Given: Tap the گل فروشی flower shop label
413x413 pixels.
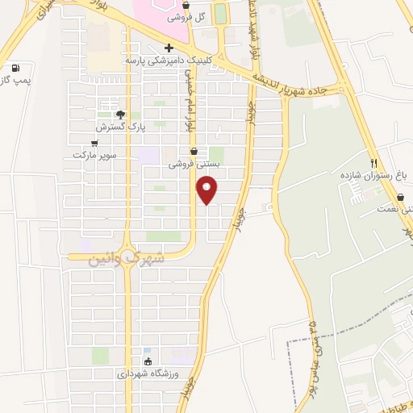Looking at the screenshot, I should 186,16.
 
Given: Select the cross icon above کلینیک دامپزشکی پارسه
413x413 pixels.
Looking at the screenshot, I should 168,47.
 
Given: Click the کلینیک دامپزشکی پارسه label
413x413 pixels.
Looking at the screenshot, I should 167,60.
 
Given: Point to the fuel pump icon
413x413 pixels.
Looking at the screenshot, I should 16,69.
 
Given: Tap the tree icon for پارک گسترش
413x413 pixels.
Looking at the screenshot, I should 120,115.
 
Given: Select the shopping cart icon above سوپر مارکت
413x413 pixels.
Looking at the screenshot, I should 95,143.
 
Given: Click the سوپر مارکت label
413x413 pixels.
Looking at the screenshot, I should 95,154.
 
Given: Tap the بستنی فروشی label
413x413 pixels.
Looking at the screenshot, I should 194,163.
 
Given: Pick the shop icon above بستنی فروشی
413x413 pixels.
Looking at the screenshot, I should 194,151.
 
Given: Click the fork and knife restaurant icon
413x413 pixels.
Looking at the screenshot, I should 373,162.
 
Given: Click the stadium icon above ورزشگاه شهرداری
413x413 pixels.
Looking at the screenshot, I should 147,361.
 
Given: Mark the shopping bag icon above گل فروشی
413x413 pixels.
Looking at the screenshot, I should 186,5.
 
